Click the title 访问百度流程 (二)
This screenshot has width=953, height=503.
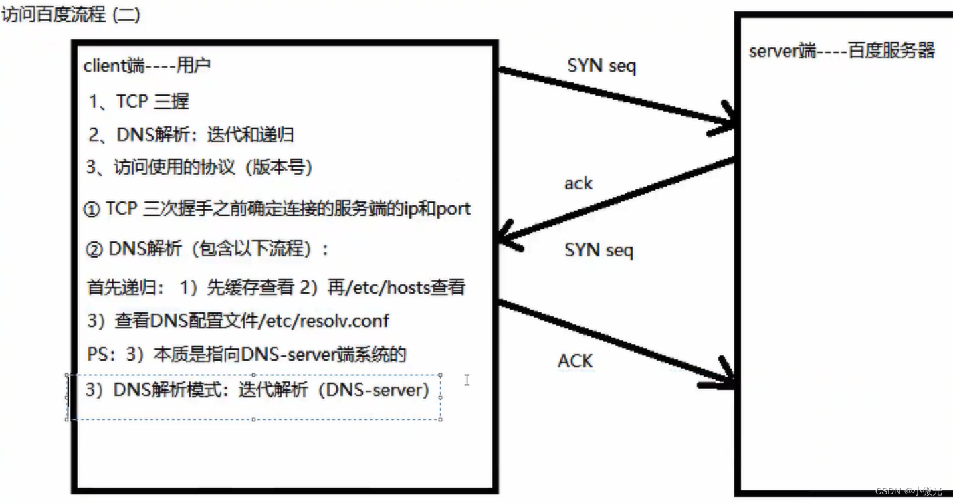[x=71, y=15]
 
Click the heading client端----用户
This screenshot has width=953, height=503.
[x=146, y=66]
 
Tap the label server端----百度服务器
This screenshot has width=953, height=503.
[x=841, y=52]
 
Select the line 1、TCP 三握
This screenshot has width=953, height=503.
[x=139, y=102]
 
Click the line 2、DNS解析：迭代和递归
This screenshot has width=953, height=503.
[x=191, y=135]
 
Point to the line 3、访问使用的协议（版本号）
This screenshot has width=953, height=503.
[x=200, y=167]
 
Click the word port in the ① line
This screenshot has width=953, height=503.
[x=453, y=209]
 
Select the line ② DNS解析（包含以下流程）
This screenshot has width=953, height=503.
[x=208, y=249]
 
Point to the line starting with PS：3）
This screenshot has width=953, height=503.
[x=246, y=355]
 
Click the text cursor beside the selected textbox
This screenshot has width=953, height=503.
[x=467, y=380]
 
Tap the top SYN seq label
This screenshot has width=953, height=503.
[x=601, y=66]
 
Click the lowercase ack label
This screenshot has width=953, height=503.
[x=578, y=183]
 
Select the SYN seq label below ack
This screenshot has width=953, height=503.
[x=599, y=251]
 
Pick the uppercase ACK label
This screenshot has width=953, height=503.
[x=575, y=361]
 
